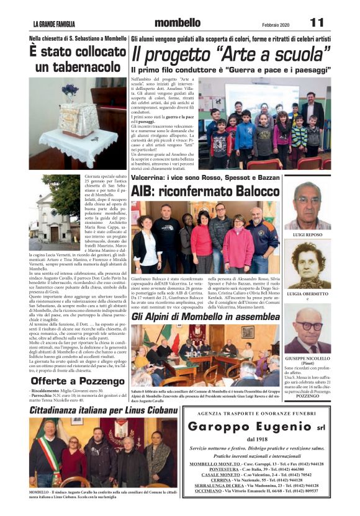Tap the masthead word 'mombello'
click(178, 23)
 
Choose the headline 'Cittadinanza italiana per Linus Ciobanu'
click(103, 411)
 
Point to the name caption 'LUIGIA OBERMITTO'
click(308, 293)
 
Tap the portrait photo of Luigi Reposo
click(308, 207)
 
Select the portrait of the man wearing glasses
click(308, 330)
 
